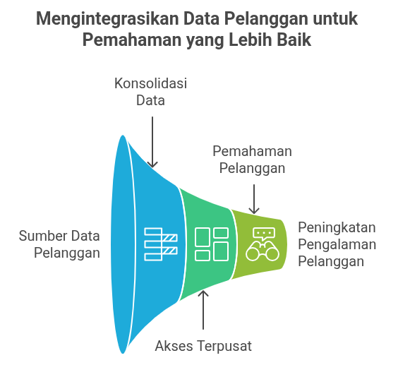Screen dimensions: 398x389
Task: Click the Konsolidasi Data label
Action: (x=150, y=92)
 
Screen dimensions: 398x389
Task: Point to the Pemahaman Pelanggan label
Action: (x=252, y=160)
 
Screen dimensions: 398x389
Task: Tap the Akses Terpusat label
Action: (x=203, y=346)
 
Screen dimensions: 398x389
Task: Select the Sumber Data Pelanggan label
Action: (x=59, y=244)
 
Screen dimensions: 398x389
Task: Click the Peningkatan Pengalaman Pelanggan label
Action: (x=337, y=244)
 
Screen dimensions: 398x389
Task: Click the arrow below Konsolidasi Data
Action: (x=152, y=142)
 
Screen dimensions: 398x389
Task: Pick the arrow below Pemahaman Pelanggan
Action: (x=254, y=199)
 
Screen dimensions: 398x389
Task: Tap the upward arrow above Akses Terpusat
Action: (x=203, y=310)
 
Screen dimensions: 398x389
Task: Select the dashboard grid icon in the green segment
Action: (x=212, y=244)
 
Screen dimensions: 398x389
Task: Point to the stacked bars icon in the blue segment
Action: (x=161, y=244)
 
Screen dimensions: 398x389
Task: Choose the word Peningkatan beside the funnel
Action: (x=337, y=227)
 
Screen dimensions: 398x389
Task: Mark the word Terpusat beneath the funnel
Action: (x=224, y=346)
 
